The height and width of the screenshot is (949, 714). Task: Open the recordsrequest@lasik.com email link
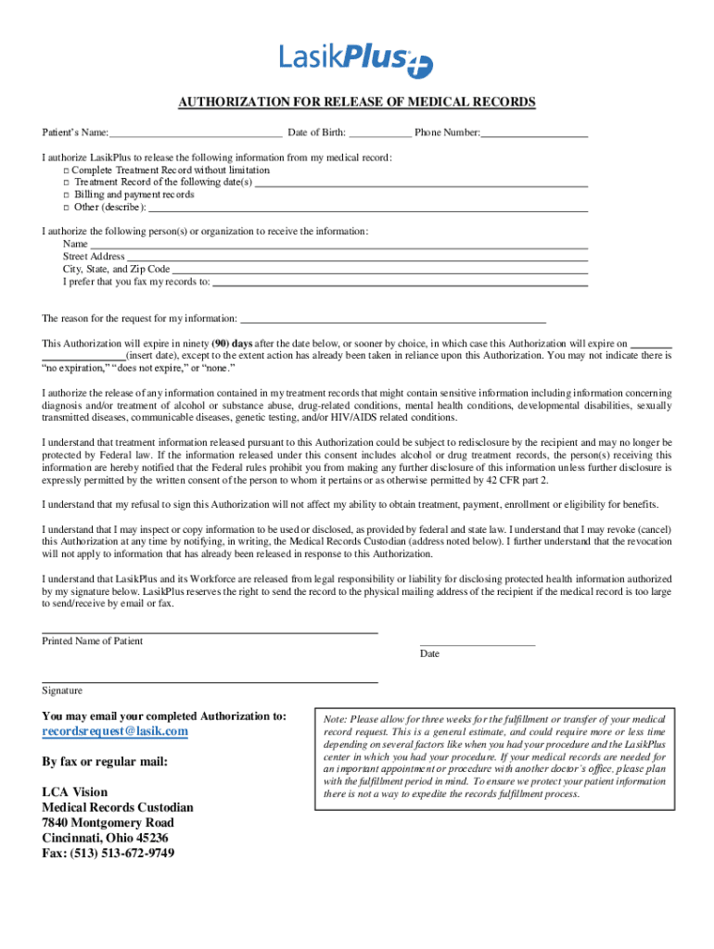pos(115,731)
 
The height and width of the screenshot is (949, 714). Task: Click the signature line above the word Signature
pos(210,682)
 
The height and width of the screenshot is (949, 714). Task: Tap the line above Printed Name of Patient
pos(210,633)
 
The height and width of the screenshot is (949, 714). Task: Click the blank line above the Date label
pos(478,644)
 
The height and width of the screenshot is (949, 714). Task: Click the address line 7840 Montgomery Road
pos(108,823)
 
